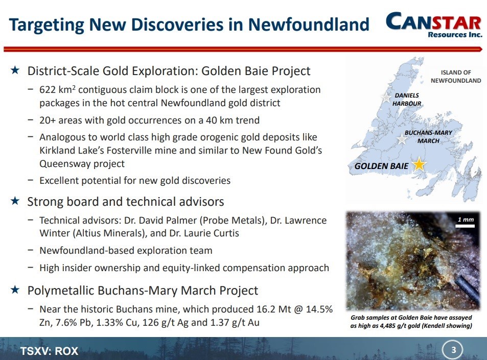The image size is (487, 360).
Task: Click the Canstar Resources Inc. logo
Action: coord(434,25)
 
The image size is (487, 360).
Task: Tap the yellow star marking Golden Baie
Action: coord(419,164)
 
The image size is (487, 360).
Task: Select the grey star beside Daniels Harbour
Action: coord(386,98)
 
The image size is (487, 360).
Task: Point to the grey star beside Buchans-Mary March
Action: coord(402,139)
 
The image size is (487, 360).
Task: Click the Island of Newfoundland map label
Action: coord(456,77)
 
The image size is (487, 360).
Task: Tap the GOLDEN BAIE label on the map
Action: coord(381,166)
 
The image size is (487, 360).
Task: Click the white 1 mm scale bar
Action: coord(465,226)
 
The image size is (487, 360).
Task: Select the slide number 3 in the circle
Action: coord(453,350)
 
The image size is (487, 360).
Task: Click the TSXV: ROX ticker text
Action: coord(50,351)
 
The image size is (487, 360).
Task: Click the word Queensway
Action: coord(65,163)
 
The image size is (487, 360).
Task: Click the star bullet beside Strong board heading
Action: coord(15,201)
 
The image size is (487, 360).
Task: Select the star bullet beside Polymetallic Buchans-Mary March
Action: coord(15,290)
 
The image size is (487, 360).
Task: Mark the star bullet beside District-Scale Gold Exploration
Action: coord(15,70)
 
